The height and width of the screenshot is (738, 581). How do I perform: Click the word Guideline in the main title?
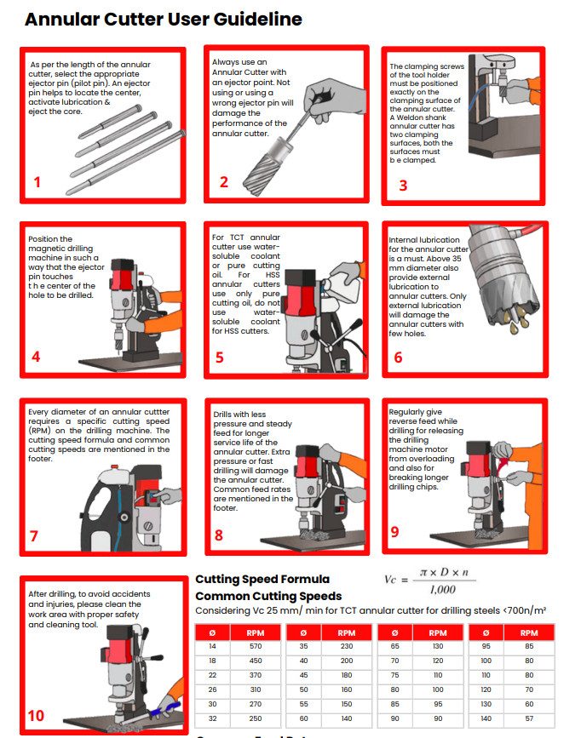point(258,20)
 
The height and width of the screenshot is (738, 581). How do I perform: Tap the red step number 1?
point(37,182)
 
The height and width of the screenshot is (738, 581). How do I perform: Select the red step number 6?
point(398,358)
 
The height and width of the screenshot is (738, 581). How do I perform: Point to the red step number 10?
point(36,716)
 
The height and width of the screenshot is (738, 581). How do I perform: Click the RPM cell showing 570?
point(256,646)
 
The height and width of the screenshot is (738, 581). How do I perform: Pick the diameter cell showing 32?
point(212,718)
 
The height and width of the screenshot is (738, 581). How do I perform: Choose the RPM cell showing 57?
point(529,718)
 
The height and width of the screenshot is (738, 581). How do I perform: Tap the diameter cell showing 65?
point(395,646)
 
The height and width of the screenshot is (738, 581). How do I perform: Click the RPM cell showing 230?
point(347,646)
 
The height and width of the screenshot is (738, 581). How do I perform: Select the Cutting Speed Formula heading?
point(262,579)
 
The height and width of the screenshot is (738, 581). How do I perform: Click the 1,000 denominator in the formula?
point(442,590)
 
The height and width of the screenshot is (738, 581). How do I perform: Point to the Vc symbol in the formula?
point(390,580)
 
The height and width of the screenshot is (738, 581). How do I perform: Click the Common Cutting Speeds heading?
point(268,597)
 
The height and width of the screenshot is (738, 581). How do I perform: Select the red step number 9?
point(395,532)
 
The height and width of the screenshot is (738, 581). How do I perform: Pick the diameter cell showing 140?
point(486,718)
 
